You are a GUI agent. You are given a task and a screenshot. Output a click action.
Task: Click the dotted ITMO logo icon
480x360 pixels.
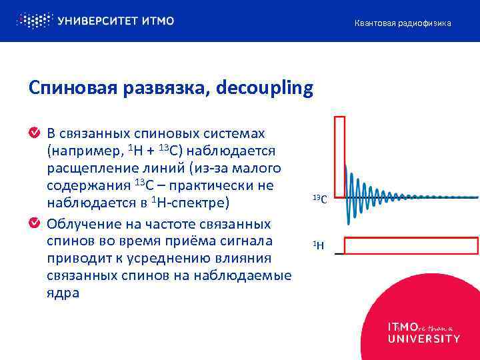[x=34, y=21]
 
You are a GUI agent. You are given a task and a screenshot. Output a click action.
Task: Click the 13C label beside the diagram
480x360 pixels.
[x=319, y=198]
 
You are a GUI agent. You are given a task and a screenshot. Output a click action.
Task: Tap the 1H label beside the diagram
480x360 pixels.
[x=319, y=245]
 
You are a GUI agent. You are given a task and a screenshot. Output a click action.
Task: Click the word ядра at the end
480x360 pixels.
[x=63, y=293]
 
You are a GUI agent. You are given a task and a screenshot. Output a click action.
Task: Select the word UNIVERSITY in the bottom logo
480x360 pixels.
[x=423, y=339]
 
